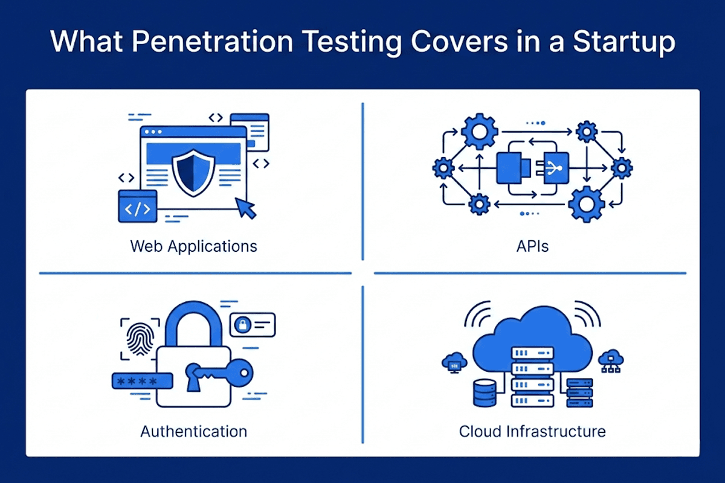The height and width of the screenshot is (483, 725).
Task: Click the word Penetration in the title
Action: [212, 42]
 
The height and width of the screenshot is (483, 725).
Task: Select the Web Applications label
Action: [193, 247]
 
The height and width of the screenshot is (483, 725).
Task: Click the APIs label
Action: [532, 246]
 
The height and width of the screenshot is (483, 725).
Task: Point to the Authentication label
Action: [193, 432]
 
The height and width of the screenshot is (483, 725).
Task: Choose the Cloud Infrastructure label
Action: [532, 432]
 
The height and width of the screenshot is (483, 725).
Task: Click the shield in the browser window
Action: [193, 173]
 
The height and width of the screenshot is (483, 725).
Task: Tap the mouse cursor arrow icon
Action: [246, 208]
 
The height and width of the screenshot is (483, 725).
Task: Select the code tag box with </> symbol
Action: [138, 206]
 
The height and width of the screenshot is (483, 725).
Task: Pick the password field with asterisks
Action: [142, 381]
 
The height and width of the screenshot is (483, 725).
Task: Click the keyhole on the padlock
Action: [193, 377]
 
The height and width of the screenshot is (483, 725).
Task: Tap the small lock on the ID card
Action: [243, 324]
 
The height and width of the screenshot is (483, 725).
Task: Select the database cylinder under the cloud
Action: [485, 393]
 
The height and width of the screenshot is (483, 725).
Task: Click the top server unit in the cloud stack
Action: [532, 353]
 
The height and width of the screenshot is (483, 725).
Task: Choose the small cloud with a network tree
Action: [611, 360]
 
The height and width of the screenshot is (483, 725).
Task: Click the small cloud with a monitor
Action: [454, 362]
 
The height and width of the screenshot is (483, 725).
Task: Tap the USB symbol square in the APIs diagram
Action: [556, 168]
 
